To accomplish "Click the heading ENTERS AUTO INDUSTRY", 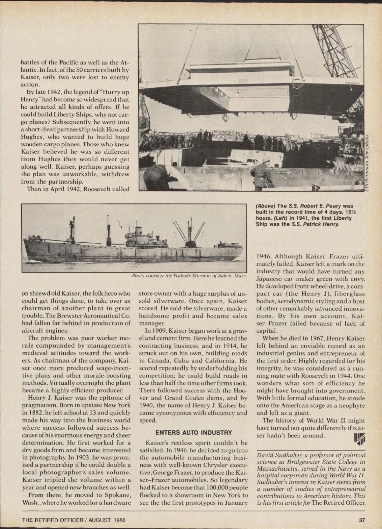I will [x=194, y=433].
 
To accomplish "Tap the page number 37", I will [x=362, y=520].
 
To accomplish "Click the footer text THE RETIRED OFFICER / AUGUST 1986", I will [x=74, y=520].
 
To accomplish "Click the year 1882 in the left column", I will [x=31, y=413].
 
